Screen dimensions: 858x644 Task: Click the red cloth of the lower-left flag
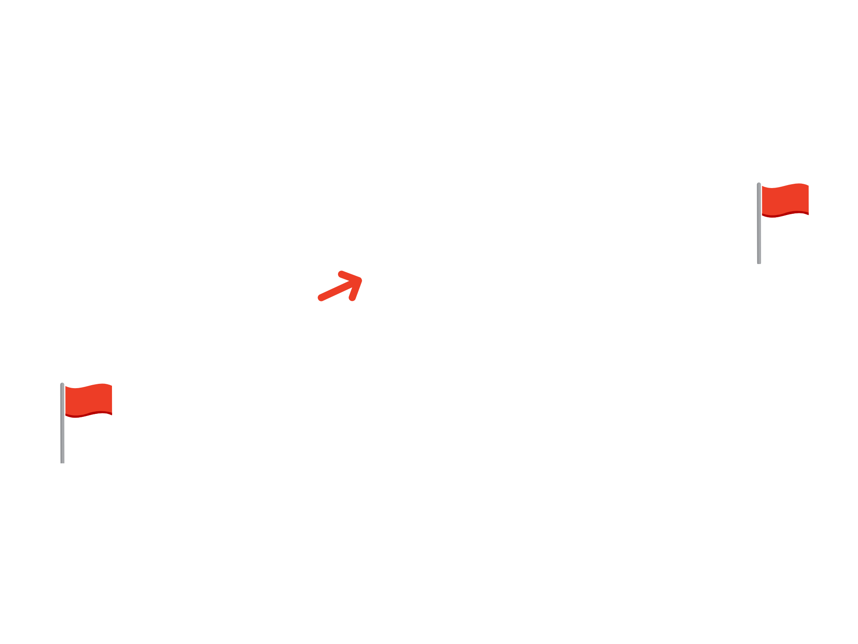88,399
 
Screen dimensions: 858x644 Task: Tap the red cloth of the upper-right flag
785,199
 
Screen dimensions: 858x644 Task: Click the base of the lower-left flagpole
63,462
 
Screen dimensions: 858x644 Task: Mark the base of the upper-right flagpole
759,262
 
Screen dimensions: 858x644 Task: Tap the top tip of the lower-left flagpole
62,384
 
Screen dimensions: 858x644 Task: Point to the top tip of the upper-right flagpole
758,184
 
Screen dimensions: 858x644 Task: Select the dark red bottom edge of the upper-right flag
785,214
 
